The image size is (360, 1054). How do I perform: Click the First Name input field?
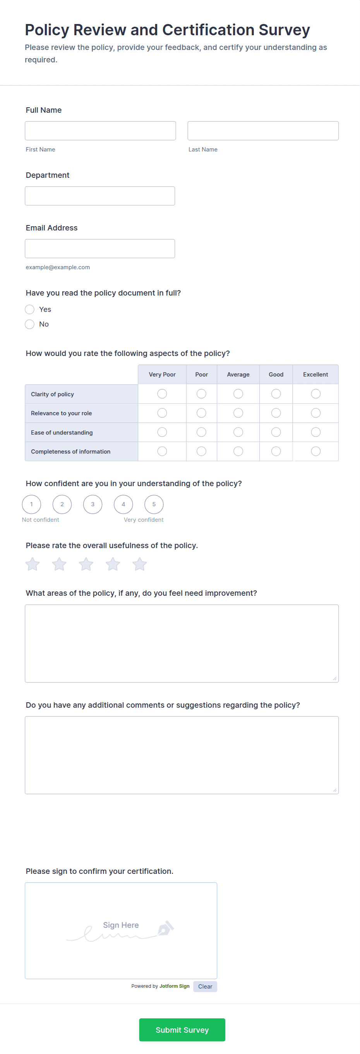pos(100,131)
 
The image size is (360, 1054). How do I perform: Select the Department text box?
pos(100,196)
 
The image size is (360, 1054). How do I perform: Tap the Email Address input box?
pos(100,248)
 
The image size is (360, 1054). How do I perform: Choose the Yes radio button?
pos(29,309)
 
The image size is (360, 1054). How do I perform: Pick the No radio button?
pos(29,324)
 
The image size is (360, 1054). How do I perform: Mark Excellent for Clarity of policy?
pos(315,394)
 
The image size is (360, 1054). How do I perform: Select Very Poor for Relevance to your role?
pos(162,413)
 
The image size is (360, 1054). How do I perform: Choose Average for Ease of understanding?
pos(238,432)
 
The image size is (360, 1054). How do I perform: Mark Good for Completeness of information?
pos(276,451)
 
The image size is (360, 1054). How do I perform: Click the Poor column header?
pos(201,375)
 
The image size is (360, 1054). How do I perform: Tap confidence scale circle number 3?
pos(93,504)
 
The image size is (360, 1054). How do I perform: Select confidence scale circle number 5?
pos(154,504)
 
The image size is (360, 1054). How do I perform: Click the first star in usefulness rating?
pos(32,564)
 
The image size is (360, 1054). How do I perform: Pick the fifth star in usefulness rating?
pos(139,564)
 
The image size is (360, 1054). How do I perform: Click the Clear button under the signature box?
pos(205,987)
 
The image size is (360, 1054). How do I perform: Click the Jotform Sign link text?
pos(174,986)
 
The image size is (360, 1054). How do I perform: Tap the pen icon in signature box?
pos(166,928)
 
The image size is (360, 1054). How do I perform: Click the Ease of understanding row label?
pos(62,432)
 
